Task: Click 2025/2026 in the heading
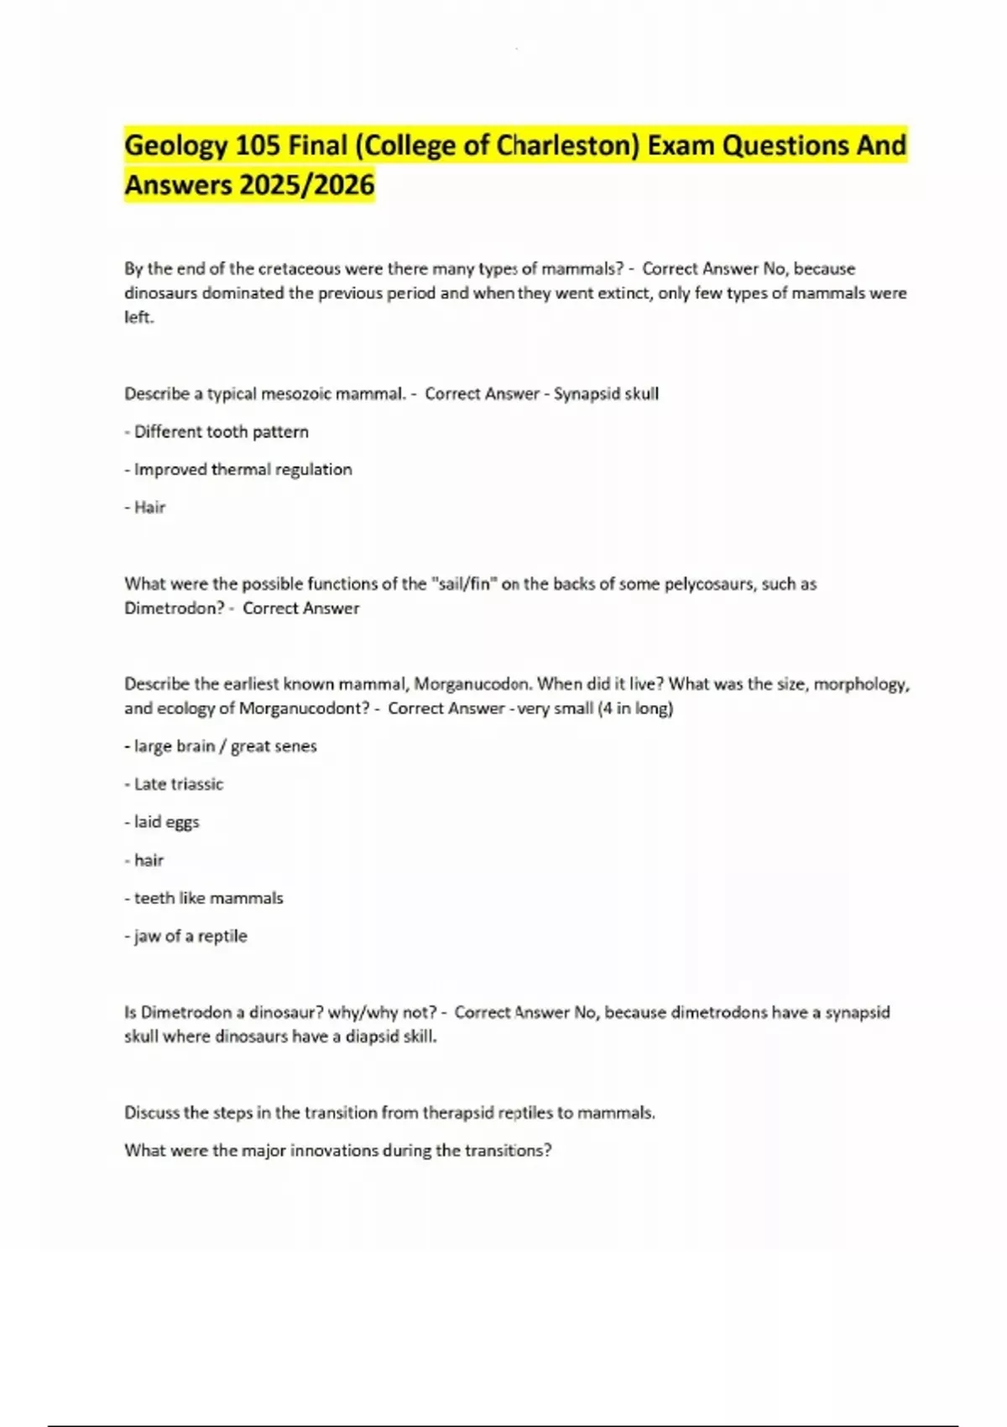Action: (306, 184)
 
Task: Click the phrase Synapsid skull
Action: (606, 394)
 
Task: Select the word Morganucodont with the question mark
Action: (304, 708)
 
